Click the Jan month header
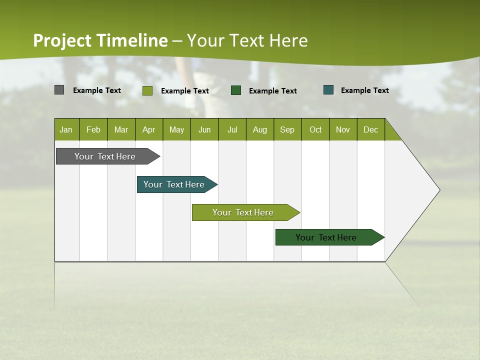66,129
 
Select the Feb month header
93,129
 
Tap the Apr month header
148,129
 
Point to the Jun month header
204,129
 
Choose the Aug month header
259,129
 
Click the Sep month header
287,129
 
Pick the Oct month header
315,129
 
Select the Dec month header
370,129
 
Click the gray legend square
59,90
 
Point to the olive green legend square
147,90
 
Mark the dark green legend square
236,90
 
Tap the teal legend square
328,90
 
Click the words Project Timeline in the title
100,40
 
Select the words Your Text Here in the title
247,40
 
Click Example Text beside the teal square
364,90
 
